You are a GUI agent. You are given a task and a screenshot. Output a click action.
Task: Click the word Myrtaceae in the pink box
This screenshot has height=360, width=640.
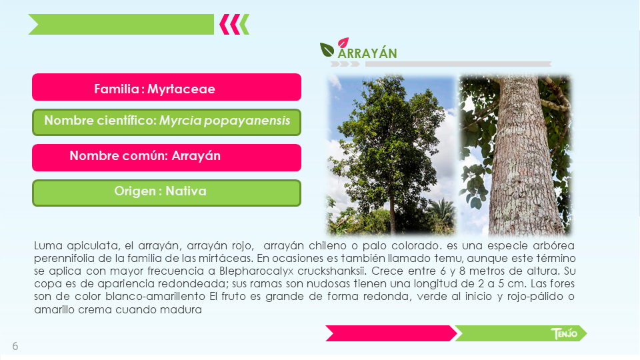[x=181, y=89]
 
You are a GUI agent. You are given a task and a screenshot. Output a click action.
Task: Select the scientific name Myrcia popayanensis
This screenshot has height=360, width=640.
[x=225, y=121]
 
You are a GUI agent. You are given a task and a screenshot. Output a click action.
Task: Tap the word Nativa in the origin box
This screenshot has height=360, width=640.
[x=186, y=191]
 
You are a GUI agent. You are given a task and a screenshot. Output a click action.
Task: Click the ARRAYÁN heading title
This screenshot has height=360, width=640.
[x=367, y=53]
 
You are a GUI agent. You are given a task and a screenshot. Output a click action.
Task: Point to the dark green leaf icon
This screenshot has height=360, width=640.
[x=327, y=50]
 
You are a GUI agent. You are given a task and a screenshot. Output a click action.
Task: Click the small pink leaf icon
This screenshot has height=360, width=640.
[x=343, y=42]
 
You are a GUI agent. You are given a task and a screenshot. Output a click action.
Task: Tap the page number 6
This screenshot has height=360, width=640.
[x=15, y=346]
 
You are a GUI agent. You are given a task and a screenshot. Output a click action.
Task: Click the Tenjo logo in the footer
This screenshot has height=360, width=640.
[x=564, y=333]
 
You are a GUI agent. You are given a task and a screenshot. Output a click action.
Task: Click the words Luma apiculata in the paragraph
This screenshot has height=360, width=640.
[x=77, y=246]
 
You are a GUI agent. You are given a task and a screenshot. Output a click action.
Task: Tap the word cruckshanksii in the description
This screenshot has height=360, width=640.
[x=332, y=271]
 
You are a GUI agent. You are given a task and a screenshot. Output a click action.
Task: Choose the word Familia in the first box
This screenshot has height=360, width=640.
[x=117, y=89]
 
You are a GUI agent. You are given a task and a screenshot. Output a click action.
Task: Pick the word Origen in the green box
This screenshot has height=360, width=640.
[x=135, y=191]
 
